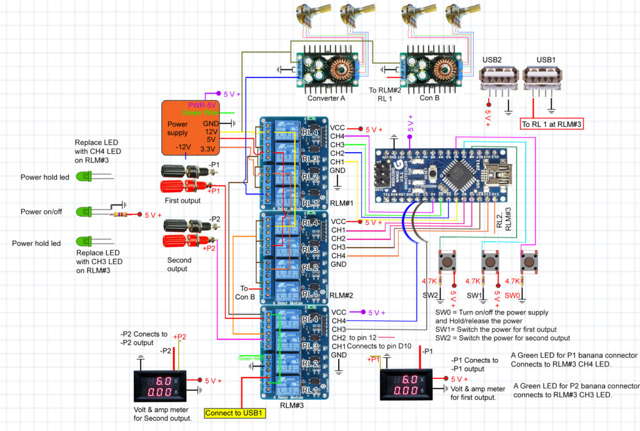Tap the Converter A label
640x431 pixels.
point(327,98)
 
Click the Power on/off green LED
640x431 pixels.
point(83,212)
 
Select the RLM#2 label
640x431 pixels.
point(341,294)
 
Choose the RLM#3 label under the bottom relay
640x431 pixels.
point(292,406)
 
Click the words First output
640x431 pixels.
point(183,201)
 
